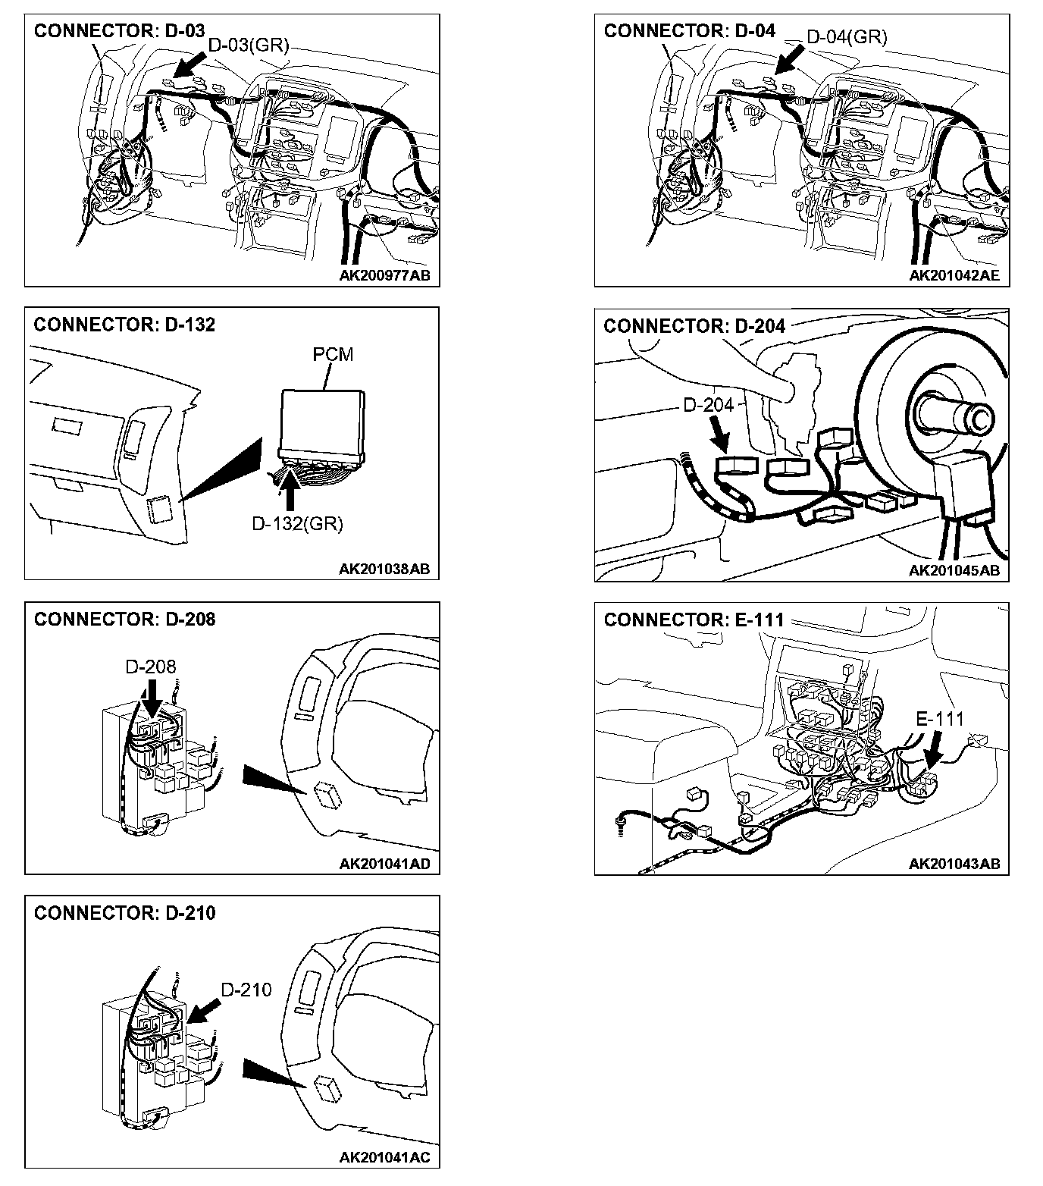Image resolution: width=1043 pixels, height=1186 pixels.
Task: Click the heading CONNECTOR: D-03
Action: pyautogui.click(x=119, y=30)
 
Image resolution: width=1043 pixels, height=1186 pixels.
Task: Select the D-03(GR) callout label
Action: pyautogui.click(x=249, y=45)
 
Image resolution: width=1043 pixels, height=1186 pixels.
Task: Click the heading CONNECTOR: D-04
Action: pyautogui.click(x=689, y=30)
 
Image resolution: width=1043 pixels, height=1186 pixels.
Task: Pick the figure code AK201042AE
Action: pyautogui.click(x=954, y=275)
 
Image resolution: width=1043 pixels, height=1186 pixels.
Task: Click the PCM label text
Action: pyautogui.click(x=333, y=354)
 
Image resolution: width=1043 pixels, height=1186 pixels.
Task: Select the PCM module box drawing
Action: pyautogui.click(x=321, y=421)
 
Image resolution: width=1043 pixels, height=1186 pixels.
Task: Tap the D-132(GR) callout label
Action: pyautogui.click(x=297, y=523)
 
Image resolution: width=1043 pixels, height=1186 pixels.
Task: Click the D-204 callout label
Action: pyautogui.click(x=708, y=405)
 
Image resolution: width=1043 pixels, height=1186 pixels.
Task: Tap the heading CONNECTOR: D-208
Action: pyautogui.click(x=124, y=619)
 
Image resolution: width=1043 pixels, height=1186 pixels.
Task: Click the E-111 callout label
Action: pyautogui.click(x=940, y=718)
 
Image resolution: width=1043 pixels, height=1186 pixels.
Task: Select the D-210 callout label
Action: pyautogui.click(x=246, y=990)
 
